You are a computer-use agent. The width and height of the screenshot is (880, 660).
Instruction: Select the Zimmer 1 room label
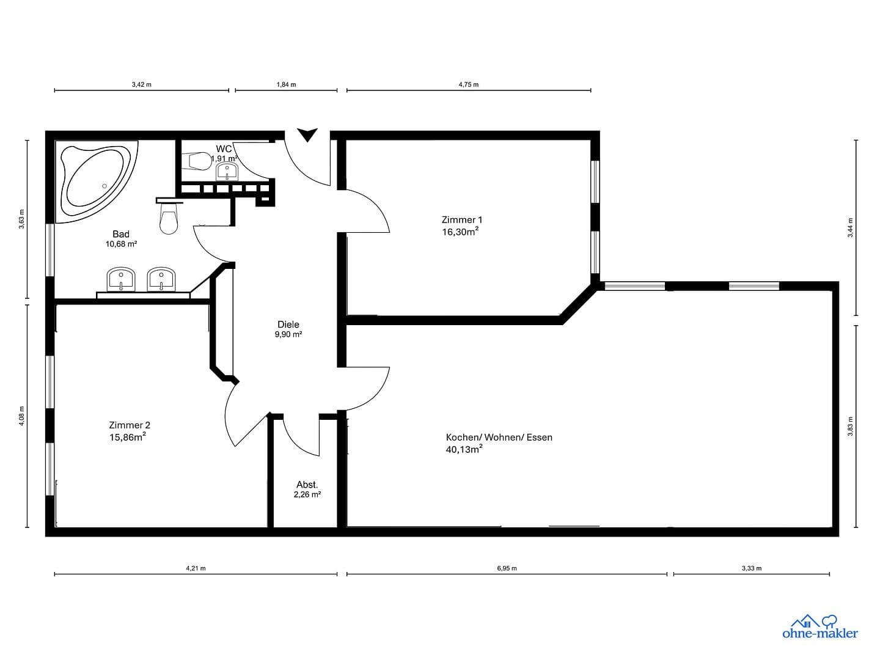(462, 220)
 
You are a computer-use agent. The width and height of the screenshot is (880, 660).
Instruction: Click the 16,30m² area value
(460, 232)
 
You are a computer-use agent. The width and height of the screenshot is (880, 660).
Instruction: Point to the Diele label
(288, 324)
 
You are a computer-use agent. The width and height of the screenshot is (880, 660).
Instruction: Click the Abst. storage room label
(307, 485)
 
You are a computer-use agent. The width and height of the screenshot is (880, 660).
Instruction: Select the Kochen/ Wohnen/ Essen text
(499, 438)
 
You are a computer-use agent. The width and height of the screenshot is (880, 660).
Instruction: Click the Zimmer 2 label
(130, 425)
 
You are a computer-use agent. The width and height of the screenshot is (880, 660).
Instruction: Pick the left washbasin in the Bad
(121, 279)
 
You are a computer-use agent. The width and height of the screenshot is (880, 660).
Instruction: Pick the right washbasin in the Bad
(161, 279)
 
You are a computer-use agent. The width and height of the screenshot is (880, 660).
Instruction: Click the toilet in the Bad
(169, 219)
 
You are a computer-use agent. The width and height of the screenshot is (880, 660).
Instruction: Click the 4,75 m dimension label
(468, 84)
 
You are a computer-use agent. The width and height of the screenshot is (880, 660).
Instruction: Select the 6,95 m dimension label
(507, 568)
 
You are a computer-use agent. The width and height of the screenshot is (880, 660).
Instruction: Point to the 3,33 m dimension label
(752, 568)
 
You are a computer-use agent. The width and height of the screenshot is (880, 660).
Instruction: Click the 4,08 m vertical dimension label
(23, 416)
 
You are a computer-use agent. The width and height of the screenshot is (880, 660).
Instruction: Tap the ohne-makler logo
(820, 626)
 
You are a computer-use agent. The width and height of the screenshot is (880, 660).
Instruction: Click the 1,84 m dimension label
(286, 84)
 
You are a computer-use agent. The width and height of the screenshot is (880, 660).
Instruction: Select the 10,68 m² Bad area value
(121, 244)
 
